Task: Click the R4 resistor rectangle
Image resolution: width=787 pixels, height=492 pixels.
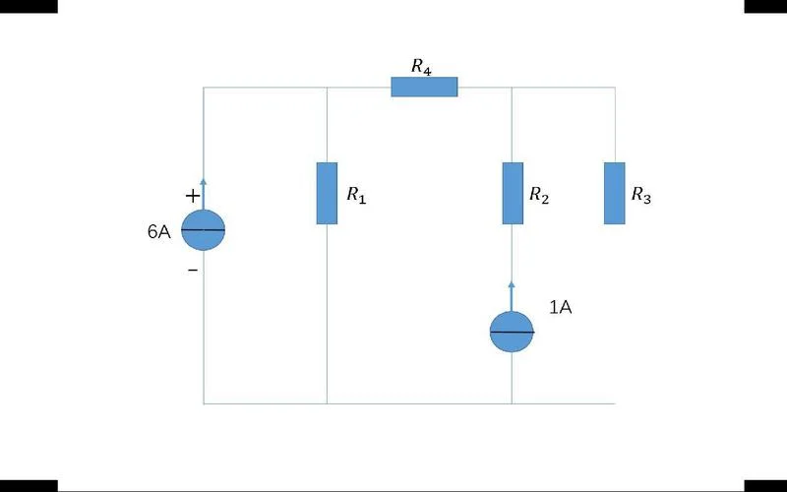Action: (x=424, y=87)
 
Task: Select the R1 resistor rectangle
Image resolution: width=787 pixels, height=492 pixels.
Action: (x=327, y=193)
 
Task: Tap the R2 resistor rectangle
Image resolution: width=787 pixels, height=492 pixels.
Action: (x=513, y=193)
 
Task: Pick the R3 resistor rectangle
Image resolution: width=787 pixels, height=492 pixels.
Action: (x=614, y=193)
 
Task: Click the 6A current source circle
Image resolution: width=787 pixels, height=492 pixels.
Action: (x=203, y=230)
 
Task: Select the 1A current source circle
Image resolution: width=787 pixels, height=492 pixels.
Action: (x=512, y=332)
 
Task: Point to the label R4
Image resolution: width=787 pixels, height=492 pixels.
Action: (x=421, y=67)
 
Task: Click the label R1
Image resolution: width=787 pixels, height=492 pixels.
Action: (x=356, y=195)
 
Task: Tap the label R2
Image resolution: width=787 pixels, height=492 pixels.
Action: (x=539, y=195)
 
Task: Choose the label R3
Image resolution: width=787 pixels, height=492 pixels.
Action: (x=641, y=195)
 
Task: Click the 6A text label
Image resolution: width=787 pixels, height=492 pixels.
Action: (x=159, y=231)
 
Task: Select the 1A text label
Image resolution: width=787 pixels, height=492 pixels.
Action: (x=561, y=307)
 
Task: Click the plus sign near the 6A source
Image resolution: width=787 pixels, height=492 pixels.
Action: (x=193, y=196)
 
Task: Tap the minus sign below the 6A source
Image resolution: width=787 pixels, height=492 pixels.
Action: (x=193, y=270)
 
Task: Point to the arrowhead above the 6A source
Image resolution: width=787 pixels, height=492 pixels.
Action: (x=203, y=182)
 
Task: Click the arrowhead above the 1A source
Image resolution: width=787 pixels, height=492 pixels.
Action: (x=512, y=285)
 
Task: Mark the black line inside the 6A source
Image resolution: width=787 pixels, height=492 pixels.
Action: (x=203, y=230)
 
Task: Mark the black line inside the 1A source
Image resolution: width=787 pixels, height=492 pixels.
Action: (x=512, y=332)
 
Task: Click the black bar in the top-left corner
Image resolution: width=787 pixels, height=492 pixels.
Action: (x=29, y=6)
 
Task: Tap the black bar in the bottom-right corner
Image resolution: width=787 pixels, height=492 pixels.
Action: (x=765, y=485)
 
